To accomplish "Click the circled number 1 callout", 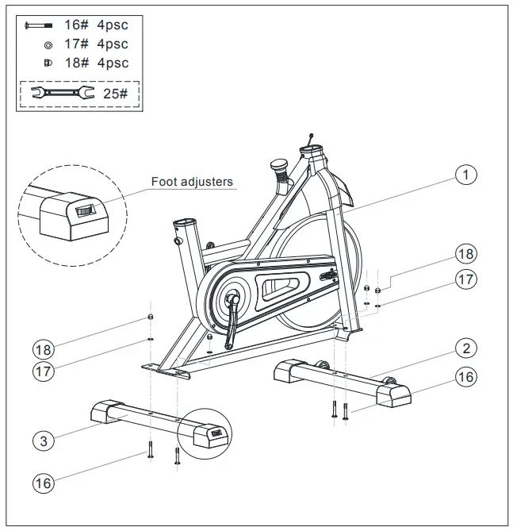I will pyautogui.click(x=467, y=175).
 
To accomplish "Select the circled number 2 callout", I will pyautogui.click(x=467, y=348).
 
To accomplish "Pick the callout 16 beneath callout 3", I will pyautogui.click(x=44, y=481).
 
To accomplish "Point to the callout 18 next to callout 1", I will pyautogui.click(x=467, y=254).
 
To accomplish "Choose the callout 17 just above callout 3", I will pyautogui.click(x=44, y=371).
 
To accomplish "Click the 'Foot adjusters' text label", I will pyautogui.click(x=192, y=182).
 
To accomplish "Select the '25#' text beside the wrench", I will pyautogui.click(x=116, y=94).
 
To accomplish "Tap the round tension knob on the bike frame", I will pyautogui.click(x=279, y=166).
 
